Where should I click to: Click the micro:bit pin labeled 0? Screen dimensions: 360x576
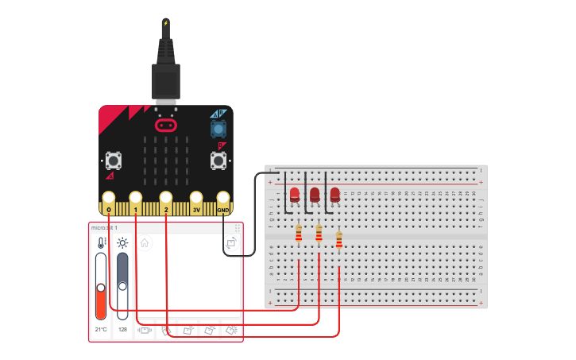point(109,199)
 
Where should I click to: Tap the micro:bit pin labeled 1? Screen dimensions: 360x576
point(136,199)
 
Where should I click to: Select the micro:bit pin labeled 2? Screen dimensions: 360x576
point(165,199)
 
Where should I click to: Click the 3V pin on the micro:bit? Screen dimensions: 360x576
point(196,199)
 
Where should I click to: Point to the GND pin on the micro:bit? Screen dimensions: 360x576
point(223,199)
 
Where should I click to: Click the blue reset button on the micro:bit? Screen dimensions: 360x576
point(218,128)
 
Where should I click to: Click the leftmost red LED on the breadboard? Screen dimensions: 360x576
point(295,194)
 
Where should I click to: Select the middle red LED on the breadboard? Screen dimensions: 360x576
point(315,194)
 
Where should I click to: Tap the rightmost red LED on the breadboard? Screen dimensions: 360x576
point(334,194)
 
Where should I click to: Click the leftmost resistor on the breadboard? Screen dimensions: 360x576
point(299,233)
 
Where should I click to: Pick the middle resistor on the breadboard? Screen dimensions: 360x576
point(319,233)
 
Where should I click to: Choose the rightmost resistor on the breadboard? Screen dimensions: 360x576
point(339,239)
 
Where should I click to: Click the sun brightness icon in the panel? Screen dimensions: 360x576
point(122,243)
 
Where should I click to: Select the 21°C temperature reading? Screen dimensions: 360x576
point(101,329)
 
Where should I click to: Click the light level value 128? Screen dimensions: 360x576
point(122,329)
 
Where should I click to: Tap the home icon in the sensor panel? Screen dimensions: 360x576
point(145,243)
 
